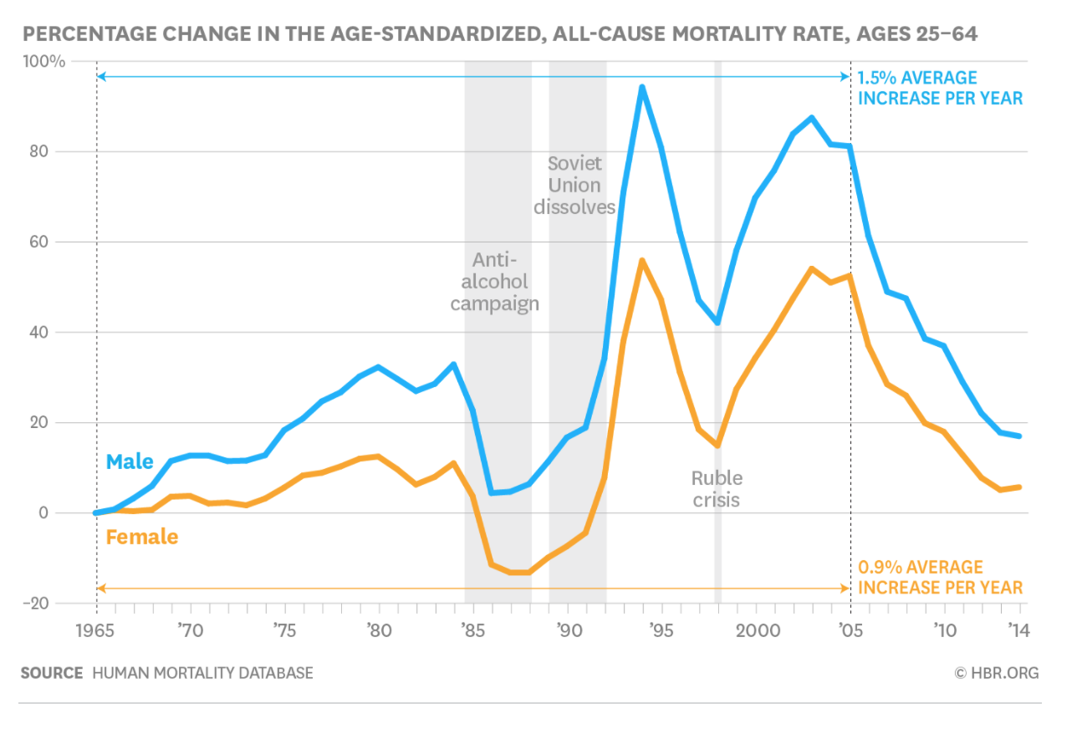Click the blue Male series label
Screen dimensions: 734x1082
tap(130, 461)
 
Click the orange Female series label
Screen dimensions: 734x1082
tap(142, 537)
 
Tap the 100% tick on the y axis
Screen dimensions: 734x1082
tap(48, 62)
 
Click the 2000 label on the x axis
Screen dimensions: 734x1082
tap(756, 630)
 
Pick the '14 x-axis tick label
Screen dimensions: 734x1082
tap(1018, 630)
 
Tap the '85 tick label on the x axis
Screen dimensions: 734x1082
tap(472, 630)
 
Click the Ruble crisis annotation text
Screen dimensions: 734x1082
tap(717, 489)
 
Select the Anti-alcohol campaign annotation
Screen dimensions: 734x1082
tap(495, 281)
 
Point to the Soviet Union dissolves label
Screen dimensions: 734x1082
tap(574, 185)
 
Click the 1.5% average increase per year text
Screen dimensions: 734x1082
tap(940, 88)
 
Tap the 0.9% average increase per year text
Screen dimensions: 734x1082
tap(940, 578)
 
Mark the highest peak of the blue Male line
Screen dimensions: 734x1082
tap(642, 87)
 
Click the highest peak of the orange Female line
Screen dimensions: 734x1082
tap(642, 261)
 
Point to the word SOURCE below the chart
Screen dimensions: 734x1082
tap(52, 673)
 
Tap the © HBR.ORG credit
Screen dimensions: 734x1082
tap(997, 673)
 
